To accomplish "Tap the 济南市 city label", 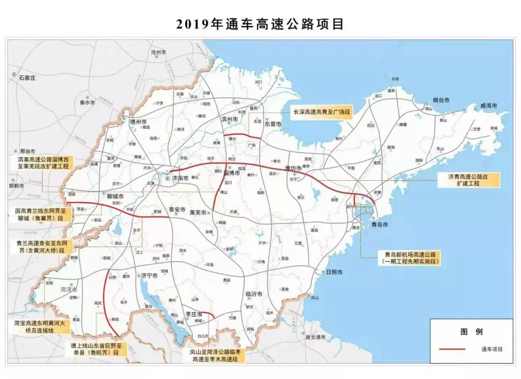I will point(180,178).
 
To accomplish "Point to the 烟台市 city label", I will point(440,100).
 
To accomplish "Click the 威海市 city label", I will point(488,106).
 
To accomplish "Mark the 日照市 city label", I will point(334,272).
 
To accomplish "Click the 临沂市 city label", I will point(254,294).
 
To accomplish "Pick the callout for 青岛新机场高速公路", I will point(411,258).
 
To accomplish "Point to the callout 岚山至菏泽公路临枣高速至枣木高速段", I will point(218,355).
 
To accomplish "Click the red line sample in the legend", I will point(452,349).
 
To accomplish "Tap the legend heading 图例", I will point(471,332).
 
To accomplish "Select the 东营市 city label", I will point(273,124).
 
